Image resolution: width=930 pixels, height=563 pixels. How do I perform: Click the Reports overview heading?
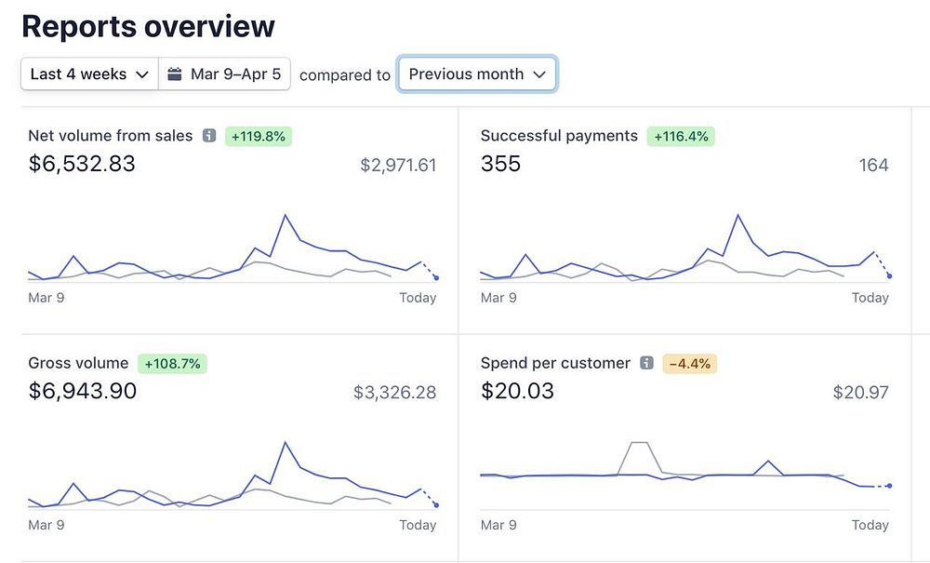pos(148,26)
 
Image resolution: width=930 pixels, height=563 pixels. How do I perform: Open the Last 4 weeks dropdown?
pos(89,74)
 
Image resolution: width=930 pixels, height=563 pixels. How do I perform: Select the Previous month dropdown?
pos(477,74)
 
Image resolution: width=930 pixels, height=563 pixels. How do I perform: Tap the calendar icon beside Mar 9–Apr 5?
pos(175,74)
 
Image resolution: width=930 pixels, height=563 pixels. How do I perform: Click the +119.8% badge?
pos(259,136)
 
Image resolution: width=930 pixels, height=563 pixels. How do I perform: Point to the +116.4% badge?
pos(680,136)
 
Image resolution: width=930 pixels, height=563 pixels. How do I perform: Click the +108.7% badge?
pos(172,364)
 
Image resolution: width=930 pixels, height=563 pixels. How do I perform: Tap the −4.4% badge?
pos(689,364)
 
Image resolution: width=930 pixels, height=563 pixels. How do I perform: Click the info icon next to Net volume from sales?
pos(209,136)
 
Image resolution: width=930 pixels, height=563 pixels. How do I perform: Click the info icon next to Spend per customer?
pos(646,364)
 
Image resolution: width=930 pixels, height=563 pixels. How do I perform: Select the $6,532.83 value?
pos(82,164)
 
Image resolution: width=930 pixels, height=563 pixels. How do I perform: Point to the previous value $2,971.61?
pos(398,166)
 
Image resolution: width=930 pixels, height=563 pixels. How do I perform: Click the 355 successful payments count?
pos(500,164)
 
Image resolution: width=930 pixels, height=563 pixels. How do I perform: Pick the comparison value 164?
pos(873,166)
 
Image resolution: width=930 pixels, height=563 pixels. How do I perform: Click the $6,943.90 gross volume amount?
pos(83,391)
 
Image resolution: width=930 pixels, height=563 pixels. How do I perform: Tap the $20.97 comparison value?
pos(860,393)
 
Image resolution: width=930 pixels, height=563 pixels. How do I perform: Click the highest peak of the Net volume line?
pos(285,216)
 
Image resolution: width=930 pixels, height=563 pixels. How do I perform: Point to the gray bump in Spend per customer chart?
pos(639,444)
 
